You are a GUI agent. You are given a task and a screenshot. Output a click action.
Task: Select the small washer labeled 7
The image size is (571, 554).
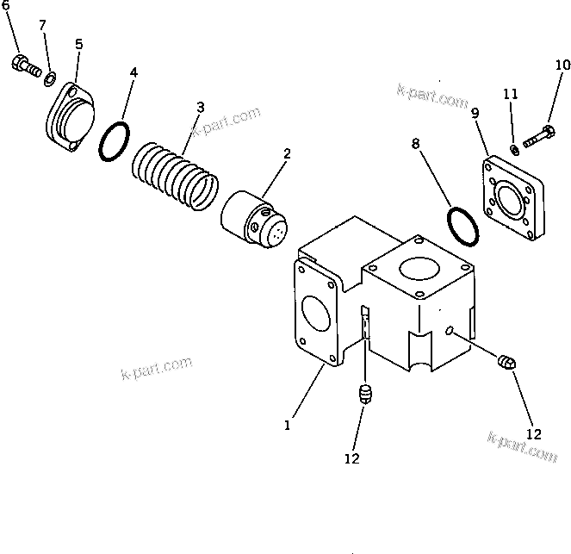49,79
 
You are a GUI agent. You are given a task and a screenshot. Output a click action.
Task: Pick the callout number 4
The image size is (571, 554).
133,73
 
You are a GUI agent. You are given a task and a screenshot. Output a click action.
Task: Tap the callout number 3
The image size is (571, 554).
200,108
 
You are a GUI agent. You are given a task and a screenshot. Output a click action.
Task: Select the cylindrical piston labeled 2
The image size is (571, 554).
252,220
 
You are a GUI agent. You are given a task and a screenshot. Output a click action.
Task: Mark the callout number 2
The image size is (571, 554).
287,154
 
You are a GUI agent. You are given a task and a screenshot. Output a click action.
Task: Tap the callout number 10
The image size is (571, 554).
562,65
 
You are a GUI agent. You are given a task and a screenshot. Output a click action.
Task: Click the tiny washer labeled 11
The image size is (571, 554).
514,149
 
